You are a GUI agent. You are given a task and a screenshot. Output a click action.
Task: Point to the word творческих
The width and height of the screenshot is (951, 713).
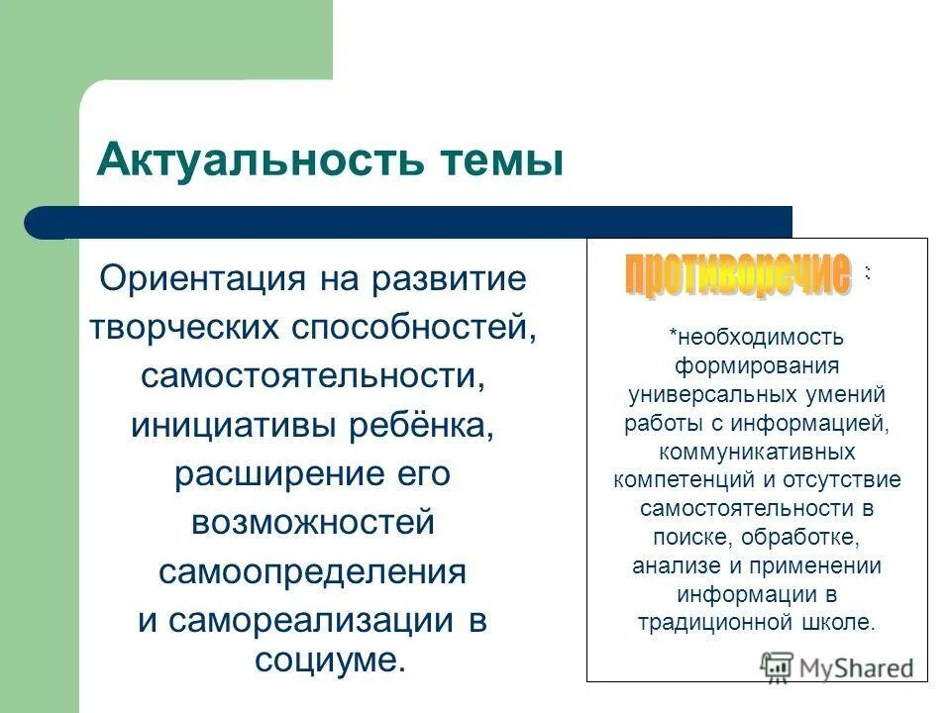click(181, 328)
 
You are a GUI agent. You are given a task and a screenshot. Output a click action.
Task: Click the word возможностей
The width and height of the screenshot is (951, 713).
click(313, 522)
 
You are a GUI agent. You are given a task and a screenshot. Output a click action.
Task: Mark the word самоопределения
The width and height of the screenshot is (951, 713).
click(313, 571)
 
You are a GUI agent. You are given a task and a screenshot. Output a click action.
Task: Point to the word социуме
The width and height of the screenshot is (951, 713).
click(330, 660)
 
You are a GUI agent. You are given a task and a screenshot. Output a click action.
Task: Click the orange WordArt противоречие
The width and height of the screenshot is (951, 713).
click(738, 274)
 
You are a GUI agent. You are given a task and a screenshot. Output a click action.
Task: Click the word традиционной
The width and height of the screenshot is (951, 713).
click(709, 624)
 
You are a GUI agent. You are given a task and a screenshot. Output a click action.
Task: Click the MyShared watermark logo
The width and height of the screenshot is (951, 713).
click(837, 666)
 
